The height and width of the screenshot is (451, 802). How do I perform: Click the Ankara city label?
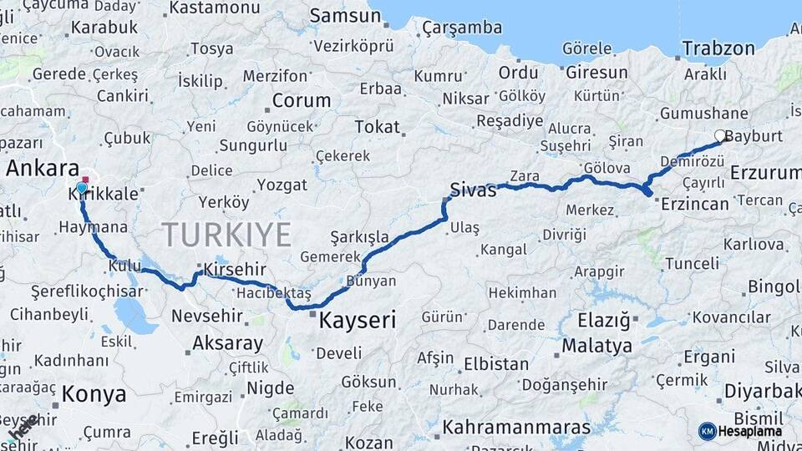click(x=43, y=168)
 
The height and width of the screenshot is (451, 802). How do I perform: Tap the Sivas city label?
click(x=473, y=190)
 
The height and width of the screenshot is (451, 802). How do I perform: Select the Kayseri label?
click(x=357, y=319)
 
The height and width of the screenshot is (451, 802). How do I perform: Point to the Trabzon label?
click(x=718, y=48)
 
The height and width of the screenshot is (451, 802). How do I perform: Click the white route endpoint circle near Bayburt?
click(x=720, y=135)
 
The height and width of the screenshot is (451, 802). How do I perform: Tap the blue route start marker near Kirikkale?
click(x=82, y=188)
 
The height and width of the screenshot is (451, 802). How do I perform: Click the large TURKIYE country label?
click(x=226, y=234)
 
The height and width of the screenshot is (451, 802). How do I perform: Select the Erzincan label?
click(x=693, y=203)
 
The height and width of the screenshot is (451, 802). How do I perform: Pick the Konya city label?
click(x=94, y=395)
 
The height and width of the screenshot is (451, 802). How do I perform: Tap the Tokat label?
click(x=377, y=127)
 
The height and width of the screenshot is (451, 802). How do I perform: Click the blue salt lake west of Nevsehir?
click(x=132, y=316)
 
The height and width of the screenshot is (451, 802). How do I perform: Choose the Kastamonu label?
click(x=215, y=8)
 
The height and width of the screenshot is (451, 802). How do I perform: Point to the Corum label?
click(x=301, y=101)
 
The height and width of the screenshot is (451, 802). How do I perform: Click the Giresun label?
click(x=596, y=73)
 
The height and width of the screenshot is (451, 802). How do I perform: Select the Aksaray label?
click(x=227, y=342)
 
